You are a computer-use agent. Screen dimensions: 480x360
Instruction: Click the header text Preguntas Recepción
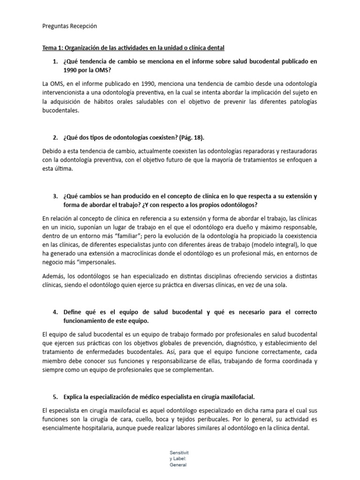pos(69,26)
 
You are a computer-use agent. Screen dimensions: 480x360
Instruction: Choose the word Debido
pos(52,151)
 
